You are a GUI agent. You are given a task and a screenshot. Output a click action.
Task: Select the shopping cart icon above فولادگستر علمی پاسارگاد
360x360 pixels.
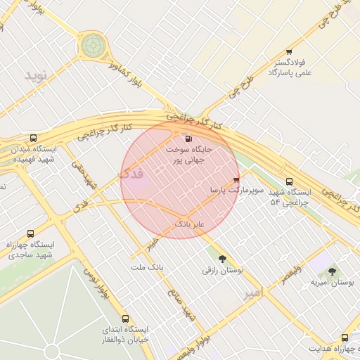[289, 52]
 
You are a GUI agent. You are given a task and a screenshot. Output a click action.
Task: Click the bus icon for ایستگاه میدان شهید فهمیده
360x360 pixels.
[33, 138]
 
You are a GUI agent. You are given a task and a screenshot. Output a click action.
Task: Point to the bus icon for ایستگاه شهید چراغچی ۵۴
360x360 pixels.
[289, 181]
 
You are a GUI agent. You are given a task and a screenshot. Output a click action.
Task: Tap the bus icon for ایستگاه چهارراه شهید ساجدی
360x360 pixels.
[30, 233]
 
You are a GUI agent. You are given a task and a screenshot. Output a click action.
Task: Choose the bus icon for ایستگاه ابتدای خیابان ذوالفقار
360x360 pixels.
[126, 319]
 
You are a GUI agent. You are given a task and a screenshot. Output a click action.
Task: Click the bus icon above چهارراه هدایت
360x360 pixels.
[345, 338]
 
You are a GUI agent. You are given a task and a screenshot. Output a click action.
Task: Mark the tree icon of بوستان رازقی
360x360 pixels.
[222, 259]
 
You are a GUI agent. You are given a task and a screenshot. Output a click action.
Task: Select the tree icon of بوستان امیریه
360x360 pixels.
[332, 271]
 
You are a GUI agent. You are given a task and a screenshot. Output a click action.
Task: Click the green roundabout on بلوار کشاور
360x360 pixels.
[91, 46]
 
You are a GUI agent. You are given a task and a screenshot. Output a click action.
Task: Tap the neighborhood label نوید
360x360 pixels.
[39, 75]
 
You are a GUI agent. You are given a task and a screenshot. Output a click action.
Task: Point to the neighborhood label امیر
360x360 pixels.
[251, 294]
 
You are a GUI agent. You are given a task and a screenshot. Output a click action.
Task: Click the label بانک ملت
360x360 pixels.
[147, 268]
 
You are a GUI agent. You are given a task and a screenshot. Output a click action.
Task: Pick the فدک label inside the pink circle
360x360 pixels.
[131, 173]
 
